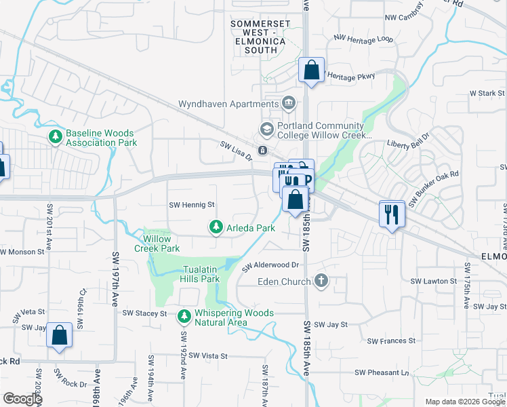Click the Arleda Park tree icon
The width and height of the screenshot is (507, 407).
click(x=216, y=227)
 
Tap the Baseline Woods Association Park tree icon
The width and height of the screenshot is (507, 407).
click(x=55, y=138)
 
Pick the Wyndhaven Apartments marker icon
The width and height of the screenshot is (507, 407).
click(x=289, y=103)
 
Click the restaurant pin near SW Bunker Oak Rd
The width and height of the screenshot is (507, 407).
click(x=392, y=214)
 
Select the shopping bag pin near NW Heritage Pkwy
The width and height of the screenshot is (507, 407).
click(x=311, y=70)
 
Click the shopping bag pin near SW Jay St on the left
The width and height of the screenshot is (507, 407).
click(x=59, y=334)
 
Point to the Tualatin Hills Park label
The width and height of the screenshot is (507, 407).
click(x=201, y=274)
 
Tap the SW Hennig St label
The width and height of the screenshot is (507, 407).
click(x=191, y=204)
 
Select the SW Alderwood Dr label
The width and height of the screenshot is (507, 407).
click(x=270, y=265)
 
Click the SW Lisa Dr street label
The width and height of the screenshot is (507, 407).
click(x=236, y=150)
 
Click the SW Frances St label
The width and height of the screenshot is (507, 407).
click(x=390, y=341)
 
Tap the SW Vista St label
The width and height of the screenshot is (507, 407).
click(x=207, y=355)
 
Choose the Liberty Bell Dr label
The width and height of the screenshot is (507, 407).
click(x=407, y=145)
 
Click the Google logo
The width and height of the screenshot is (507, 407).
click(x=22, y=399)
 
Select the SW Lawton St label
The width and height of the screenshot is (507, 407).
click(x=433, y=281)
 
